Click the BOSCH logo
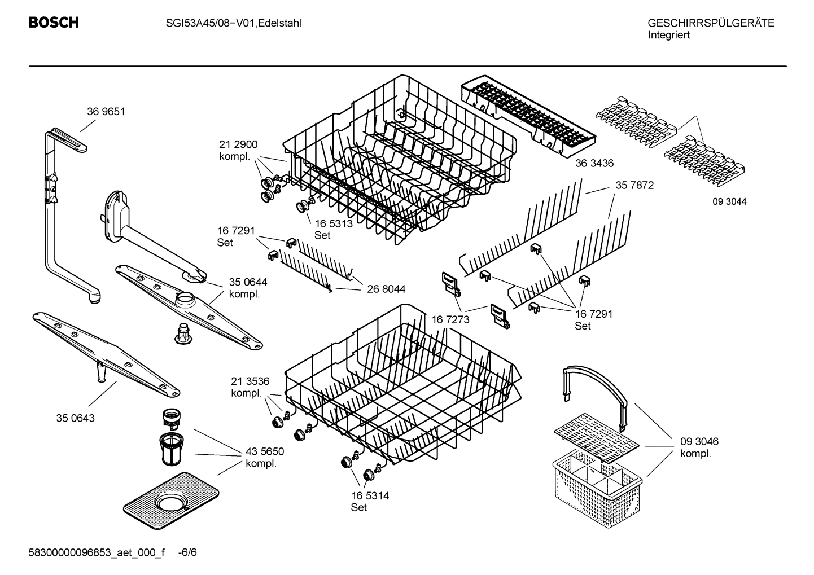tap(54, 23)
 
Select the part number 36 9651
tap(106, 112)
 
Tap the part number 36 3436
tap(594, 163)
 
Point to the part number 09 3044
tap(729, 201)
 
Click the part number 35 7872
tap(634, 185)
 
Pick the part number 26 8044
tap(386, 289)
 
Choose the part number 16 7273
tap(450, 320)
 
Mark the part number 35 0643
tap(75, 418)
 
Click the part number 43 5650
tap(265, 451)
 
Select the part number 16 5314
tap(370, 495)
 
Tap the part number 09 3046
tap(699, 442)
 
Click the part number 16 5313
tap(334, 223)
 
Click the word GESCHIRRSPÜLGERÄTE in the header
tap(711, 23)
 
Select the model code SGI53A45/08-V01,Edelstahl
tap(233, 23)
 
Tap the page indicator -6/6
tap(187, 552)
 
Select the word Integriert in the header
tap(668, 35)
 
